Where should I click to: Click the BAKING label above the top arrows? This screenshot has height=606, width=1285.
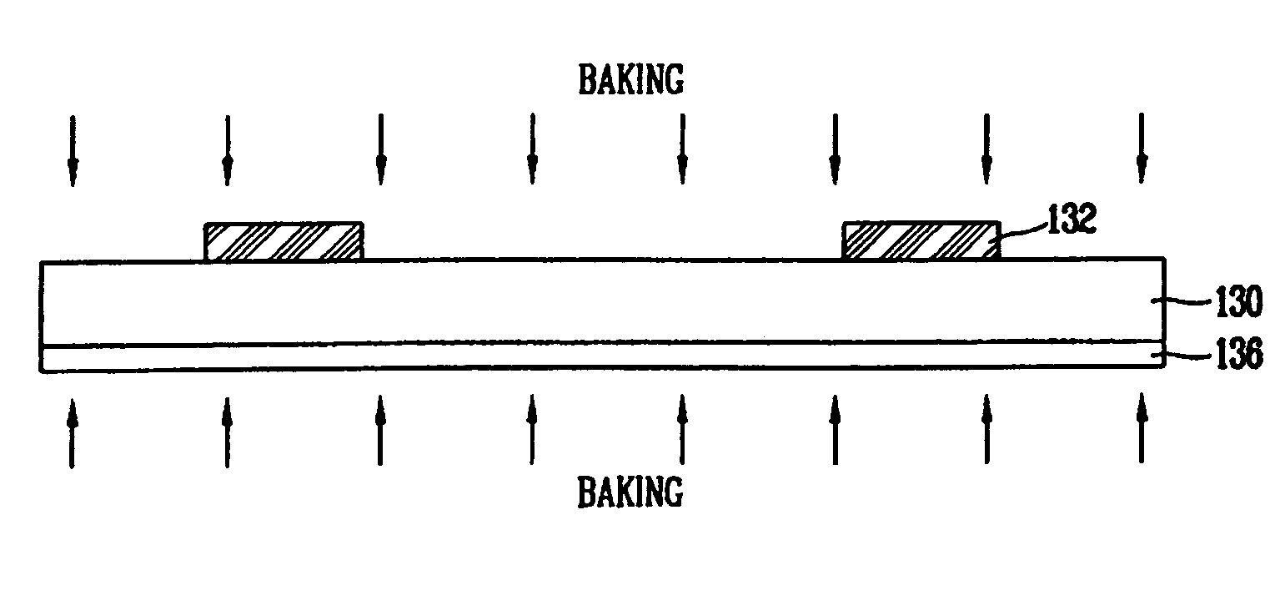point(631,80)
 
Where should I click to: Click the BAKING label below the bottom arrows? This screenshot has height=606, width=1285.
point(630,492)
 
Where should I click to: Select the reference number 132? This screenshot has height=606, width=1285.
point(1072,219)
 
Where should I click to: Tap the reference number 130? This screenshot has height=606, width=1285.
point(1239,301)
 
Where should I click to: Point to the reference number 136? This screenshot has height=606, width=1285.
point(1239,353)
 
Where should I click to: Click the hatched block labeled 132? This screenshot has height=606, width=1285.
point(922,240)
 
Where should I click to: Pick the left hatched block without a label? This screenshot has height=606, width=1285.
point(284,241)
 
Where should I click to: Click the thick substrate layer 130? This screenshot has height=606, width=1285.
point(602,301)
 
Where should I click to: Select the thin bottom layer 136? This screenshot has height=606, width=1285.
point(602,356)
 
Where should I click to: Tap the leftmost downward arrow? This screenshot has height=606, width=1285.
point(73,150)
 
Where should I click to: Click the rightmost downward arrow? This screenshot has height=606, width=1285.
point(1142,149)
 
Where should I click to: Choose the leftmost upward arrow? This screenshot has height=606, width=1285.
point(72,433)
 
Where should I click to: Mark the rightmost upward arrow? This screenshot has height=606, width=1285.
point(1142,428)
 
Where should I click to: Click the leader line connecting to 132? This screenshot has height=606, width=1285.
point(1024,231)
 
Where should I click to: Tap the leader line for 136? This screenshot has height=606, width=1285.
point(1183,356)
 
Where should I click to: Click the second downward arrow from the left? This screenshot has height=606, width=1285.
point(228,150)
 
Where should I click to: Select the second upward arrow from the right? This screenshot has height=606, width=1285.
point(986,429)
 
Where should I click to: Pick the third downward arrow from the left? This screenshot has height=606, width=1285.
point(381,149)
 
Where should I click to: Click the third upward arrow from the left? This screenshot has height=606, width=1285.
point(379,430)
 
